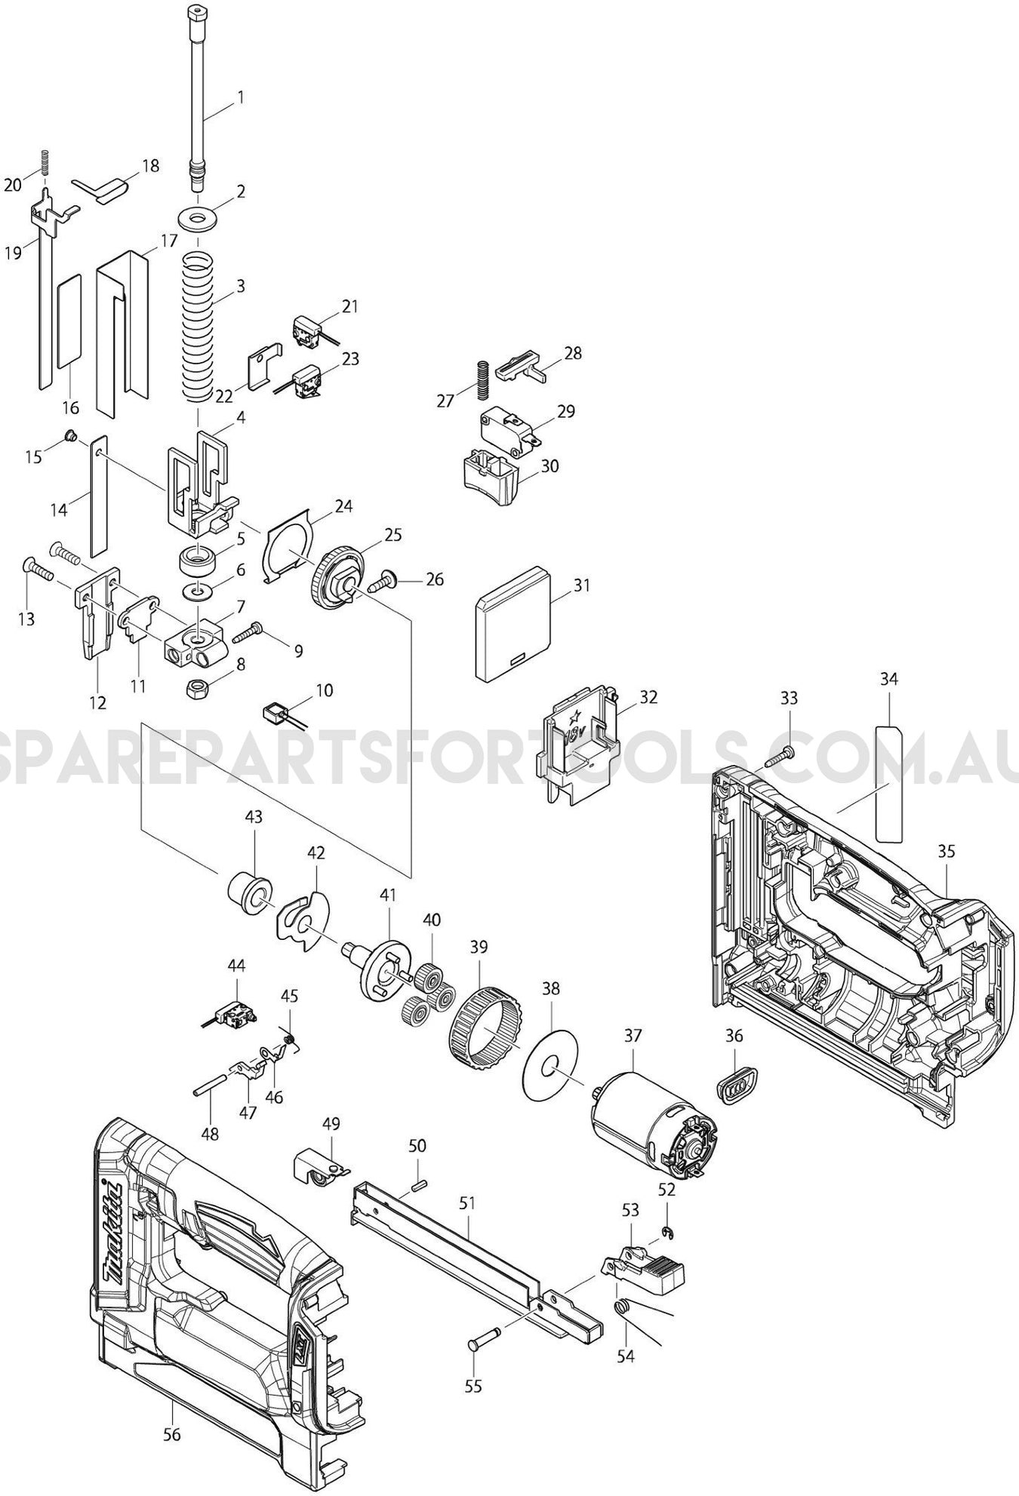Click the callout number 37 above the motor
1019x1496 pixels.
(631, 1037)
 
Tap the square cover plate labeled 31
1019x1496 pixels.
(513, 624)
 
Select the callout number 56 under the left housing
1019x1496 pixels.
(172, 1434)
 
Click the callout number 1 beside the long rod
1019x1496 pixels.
(240, 97)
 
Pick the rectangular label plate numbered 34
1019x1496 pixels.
(889, 782)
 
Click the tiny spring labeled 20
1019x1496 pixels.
(45, 162)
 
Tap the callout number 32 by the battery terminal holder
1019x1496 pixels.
(648, 696)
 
